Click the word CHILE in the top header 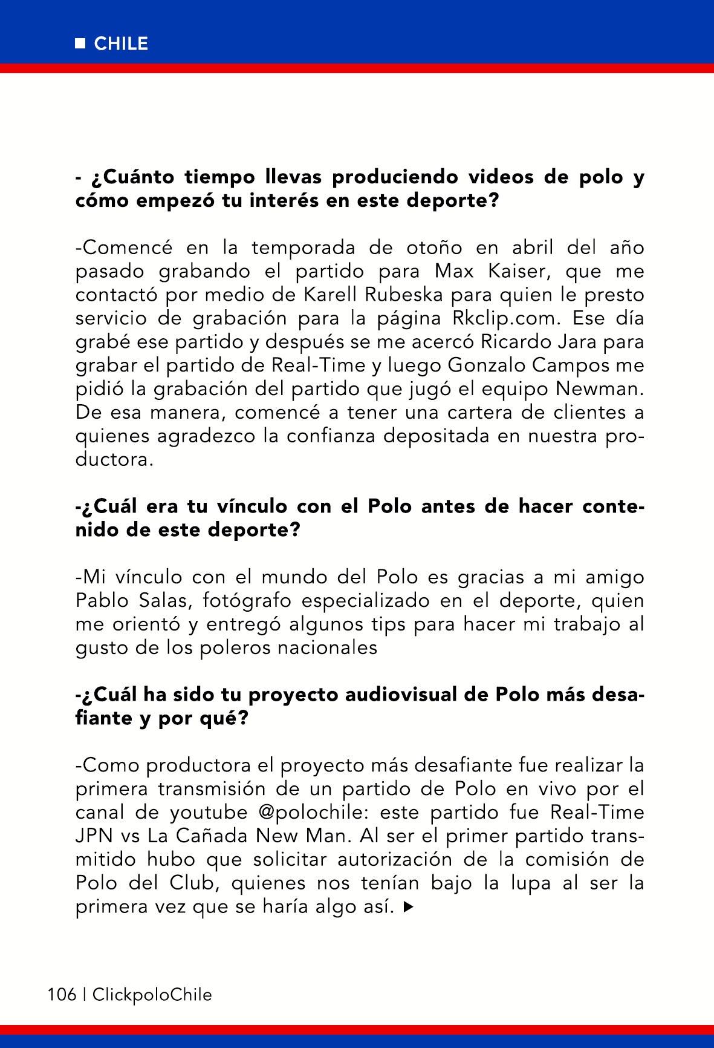[121, 44]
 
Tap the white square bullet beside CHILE [80, 44]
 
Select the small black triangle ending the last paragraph [409, 907]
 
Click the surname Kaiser [515, 271]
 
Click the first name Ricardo [518, 342]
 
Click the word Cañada [210, 836]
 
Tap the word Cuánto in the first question [131, 177]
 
